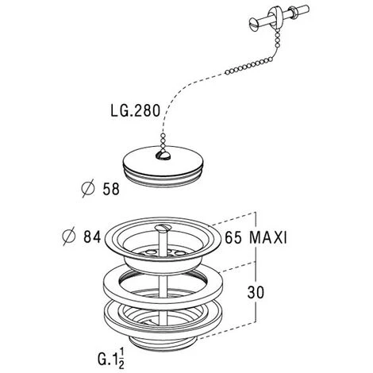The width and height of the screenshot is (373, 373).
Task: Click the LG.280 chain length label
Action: coord(136,110)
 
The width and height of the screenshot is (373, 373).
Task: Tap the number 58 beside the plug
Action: coord(111,189)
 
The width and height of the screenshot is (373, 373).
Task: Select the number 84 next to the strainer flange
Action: coord(92,236)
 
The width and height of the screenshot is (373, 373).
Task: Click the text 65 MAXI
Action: coord(256,237)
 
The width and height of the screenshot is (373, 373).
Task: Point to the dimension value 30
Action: coord(256,293)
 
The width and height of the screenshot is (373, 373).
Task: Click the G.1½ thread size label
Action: coord(111,358)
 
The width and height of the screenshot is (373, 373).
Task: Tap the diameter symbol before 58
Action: coord(88,188)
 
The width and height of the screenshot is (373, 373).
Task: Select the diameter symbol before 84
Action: coord(69,236)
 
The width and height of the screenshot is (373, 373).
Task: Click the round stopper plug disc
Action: coord(163,164)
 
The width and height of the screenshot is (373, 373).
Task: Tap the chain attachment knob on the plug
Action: coord(163,156)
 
